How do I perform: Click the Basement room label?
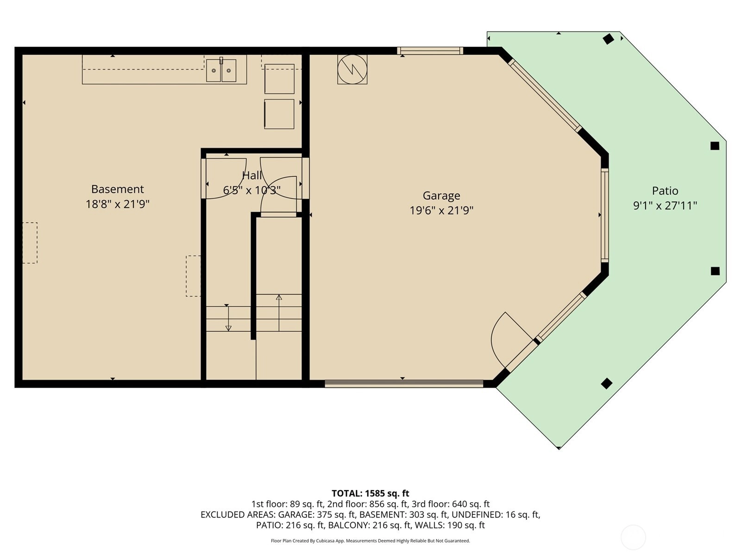click(x=118, y=189)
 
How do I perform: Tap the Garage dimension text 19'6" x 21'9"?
click(x=441, y=211)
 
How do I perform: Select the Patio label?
click(x=665, y=191)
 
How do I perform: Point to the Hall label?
click(x=252, y=175)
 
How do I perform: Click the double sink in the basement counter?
click(x=221, y=70)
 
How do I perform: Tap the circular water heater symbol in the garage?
click(x=352, y=69)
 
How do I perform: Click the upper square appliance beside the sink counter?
click(x=279, y=79)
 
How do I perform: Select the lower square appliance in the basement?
click(x=279, y=114)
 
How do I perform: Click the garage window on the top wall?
click(x=430, y=51)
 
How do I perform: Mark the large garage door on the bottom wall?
click(x=404, y=383)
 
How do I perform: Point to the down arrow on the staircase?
click(x=228, y=318)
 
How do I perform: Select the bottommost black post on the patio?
click(x=607, y=384)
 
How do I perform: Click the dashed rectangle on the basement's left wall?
click(x=30, y=243)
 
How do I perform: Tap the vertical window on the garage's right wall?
click(x=605, y=215)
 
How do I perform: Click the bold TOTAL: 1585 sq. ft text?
click(x=370, y=493)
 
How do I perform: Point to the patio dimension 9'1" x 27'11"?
click(x=665, y=206)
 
